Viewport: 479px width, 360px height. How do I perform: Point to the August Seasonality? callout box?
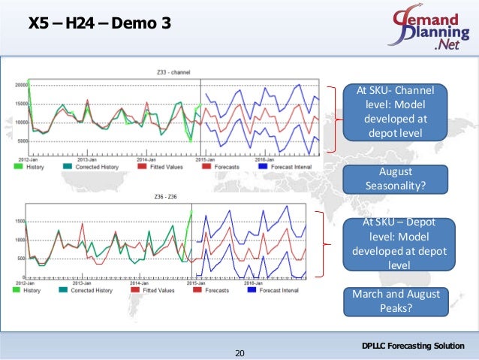pos(394,177)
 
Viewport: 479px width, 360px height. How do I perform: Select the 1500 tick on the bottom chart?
pos(21,221)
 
